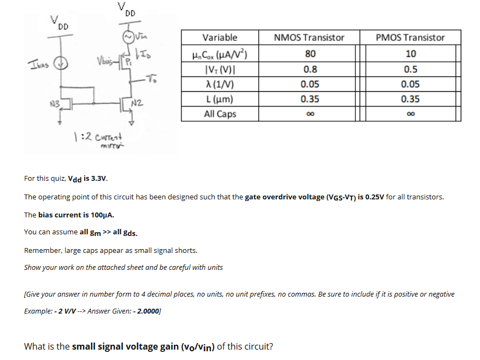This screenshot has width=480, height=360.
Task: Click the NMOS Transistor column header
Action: pos(309,38)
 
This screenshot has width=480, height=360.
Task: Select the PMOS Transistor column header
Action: pos(410,38)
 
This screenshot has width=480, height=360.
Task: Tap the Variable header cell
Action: pos(220,38)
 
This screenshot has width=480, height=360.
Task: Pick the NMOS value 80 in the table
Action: pos(310,54)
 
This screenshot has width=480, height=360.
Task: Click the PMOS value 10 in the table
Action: pos(411,54)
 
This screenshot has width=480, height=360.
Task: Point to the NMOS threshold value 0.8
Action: pos(310,69)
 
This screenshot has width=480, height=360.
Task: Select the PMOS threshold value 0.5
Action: pos(411,69)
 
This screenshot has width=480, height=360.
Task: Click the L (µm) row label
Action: pos(220,99)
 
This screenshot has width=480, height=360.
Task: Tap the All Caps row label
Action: pos(220,114)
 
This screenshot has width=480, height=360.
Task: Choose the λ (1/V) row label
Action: pos(220,84)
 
